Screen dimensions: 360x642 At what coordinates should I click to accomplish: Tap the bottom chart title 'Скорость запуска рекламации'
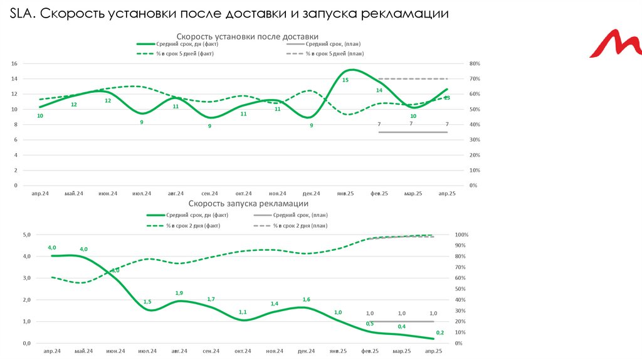pyautogui.click(x=248, y=204)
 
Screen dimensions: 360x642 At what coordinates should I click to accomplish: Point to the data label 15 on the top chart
pyautogui.click(x=345, y=80)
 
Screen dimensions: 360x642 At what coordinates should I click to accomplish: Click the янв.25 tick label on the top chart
pyautogui.click(x=345, y=194)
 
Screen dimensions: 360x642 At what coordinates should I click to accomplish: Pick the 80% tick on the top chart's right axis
pyautogui.click(x=474, y=64)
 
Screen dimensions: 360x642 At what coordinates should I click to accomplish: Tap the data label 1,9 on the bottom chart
pyautogui.click(x=179, y=293)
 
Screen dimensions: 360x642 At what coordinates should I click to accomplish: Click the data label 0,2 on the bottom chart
pyautogui.click(x=439, y=333)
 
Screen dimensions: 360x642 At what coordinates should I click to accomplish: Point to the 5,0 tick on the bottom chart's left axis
pyautogui.click(x=26, y=235)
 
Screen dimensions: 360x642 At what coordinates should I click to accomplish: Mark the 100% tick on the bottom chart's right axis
pyautogui.click(x=462, y=235)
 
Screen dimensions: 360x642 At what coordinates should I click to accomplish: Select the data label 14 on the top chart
pyautogui.click(x=379, y=90)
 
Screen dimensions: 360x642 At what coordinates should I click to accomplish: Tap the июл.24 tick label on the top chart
pyautogui.click(x=142, y=194)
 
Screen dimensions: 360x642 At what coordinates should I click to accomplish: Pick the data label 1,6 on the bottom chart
pyautogui.click(x=307, y=300)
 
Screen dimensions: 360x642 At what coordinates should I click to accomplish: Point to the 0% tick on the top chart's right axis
pyautogui.click(x=473, y=186)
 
